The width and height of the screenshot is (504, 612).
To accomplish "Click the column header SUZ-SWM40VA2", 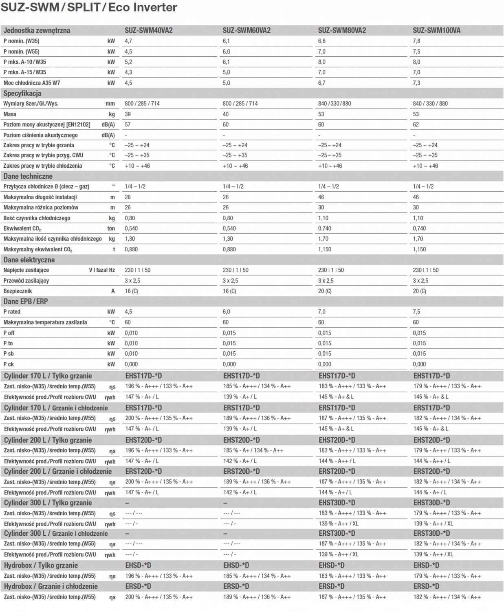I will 148,31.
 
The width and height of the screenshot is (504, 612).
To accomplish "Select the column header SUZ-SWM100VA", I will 436,31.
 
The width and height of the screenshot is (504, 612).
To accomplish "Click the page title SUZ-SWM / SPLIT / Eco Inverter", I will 89,7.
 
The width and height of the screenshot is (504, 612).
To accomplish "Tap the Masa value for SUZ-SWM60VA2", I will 226,114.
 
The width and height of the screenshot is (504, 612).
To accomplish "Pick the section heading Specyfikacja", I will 22,93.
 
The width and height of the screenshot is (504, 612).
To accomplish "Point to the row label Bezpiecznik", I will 18,291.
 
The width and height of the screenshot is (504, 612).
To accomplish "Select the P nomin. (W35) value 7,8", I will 416,41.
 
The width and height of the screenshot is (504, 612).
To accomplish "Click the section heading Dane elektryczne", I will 29,260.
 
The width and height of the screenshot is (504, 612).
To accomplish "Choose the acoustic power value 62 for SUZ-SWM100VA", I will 416,124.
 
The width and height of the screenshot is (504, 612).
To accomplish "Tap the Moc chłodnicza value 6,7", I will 321,83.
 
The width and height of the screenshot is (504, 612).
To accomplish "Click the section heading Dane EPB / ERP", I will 26,302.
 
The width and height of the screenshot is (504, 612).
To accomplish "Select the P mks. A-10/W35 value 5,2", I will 128,62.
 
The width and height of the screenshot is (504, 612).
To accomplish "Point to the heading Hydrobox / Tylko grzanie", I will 41,565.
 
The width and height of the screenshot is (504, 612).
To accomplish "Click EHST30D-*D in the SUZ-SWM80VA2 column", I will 337,503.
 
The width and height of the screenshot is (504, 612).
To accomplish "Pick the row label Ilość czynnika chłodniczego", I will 37,218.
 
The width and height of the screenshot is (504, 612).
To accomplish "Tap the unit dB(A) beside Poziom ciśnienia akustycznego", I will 108,135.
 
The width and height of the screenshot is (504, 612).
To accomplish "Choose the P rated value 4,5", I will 128,312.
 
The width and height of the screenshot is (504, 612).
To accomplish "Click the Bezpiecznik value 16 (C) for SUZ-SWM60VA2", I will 229,291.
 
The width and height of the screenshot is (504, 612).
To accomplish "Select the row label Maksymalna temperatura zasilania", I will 45,322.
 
